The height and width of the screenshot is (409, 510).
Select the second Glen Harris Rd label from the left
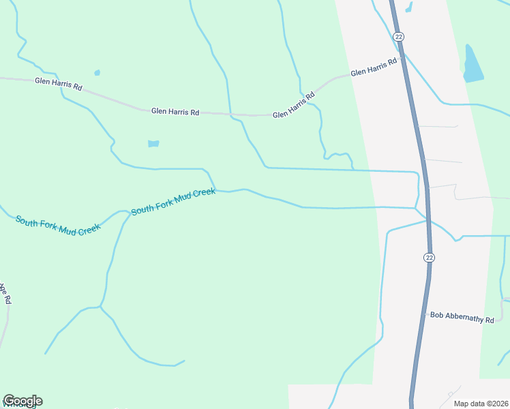[x=175, y=111]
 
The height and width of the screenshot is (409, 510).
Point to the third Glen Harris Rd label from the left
[x=294, y=106]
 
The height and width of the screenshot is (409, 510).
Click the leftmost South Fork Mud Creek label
[x=58, y=225]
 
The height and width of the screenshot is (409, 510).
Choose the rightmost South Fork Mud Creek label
[x=173, y=202]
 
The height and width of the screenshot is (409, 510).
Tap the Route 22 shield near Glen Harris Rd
[x=399, y=36]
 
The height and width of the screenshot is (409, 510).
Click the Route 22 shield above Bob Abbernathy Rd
[x=428, y=257]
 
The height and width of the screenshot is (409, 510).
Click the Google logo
[x=22, y=401]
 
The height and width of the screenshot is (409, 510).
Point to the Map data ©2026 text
[x=481, y=404]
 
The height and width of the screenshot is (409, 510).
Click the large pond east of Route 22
[x=472, y=65]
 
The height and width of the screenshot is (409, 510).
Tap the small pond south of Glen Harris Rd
[x=153, y=144]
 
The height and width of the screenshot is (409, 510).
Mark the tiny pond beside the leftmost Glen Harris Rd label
[x=97, y=72]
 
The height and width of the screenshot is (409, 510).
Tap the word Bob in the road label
[x=436, y=315]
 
